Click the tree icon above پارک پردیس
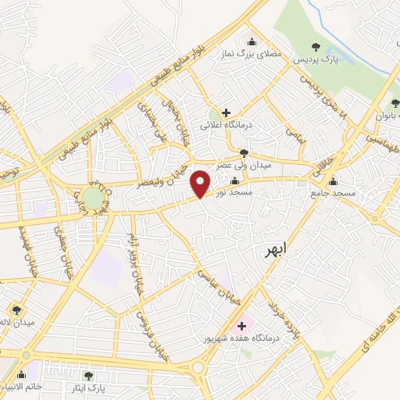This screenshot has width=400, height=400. [316, 47]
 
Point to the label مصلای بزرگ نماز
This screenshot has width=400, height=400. [250, 54]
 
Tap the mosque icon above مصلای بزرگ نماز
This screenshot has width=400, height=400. [251, 42]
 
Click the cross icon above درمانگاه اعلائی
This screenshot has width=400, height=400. [227, 113]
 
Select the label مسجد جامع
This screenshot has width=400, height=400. [334, 192]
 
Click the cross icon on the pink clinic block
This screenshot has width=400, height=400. [240, 325]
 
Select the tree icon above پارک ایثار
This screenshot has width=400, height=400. [99, 376]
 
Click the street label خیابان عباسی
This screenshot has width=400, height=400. [214, 287]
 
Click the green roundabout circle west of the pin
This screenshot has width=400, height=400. [93, 198]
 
